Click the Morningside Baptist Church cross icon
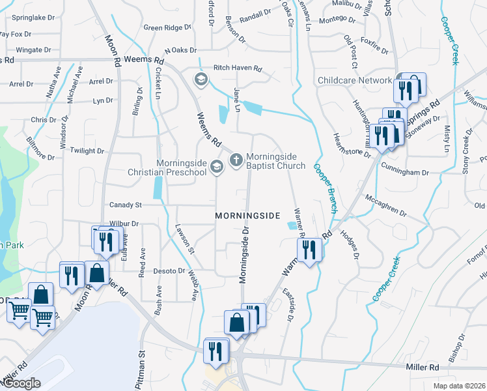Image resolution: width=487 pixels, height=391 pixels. pyautogui.click(x=236, y=158)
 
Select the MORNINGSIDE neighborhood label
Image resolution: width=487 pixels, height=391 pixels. pyautogui.click(x=247, y=215)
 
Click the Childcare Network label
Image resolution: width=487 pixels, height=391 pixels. pyautogui.click(x=355, y=80)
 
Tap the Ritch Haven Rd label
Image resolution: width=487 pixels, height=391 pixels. pyautogui.click(x=238, y=68)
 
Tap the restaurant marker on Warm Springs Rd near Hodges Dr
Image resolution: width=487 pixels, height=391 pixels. pyautogui.click(x=310, y=249)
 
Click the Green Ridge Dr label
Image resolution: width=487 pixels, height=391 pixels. pyautogui.click(x=168, y=28)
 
